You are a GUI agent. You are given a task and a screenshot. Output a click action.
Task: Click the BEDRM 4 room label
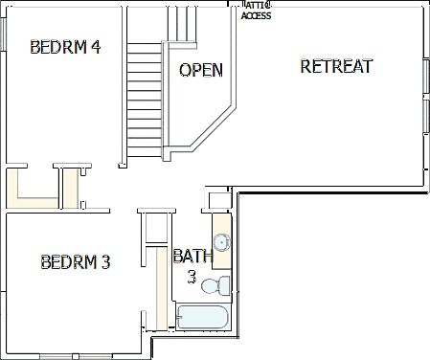[66, 47]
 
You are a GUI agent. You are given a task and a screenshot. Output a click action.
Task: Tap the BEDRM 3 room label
[76, 261]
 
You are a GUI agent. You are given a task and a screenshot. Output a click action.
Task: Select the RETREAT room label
[335, 66]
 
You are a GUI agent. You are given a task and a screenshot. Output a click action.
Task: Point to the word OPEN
[201, 70]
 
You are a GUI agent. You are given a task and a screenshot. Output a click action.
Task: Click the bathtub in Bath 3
[202, 318]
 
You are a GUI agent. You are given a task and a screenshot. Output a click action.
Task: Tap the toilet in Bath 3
[222, 284]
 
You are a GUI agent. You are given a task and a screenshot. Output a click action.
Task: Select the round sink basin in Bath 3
[220, 241]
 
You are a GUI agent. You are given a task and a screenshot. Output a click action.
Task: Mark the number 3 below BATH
[192, 277]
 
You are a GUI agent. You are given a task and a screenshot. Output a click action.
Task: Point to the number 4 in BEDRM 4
[96, 47]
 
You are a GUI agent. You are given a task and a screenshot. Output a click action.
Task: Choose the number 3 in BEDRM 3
[105, 261]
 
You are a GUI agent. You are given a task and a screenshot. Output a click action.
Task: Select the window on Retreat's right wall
[426, 96]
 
